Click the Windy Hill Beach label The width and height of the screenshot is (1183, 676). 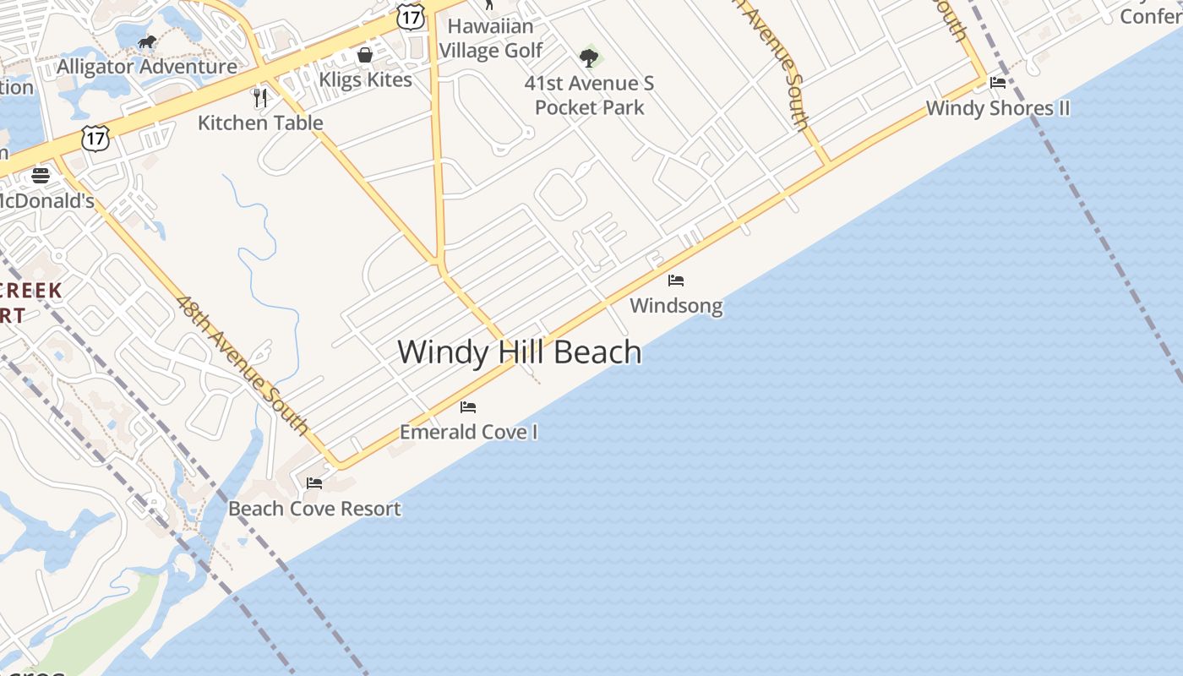[x=519, y=352]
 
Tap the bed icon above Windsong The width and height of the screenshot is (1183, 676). [x=676, y=281]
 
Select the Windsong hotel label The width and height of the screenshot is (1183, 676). [x=676, y=305]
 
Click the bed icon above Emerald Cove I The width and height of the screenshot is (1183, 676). [x=468, y=407]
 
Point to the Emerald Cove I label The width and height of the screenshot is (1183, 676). [x=468, y=432]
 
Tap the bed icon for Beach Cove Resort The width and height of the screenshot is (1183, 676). [x=314, y=483]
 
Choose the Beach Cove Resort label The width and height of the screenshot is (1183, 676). [x=314, y=509]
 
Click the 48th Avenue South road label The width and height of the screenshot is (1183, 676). [x=243, y=364]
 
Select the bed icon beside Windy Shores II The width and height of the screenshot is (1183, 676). [x=998, y=83]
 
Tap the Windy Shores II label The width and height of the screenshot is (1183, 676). [x=998, y=108]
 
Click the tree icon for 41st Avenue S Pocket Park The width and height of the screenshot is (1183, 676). [x=589, y=58]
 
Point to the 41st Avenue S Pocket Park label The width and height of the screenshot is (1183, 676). [x=589, y=95]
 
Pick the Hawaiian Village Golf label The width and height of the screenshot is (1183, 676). [x=491, y=38]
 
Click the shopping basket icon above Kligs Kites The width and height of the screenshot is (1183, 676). [x=365, y=55]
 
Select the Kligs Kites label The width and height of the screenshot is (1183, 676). [x=365, y=79]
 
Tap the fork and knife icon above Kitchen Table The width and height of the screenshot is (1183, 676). [x=260, y=97]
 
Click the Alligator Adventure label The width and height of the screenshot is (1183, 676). [x=147, y=66]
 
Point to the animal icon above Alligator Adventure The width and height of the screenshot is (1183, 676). [x=147, y=42]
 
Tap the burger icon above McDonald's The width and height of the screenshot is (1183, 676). [x=41, y=176]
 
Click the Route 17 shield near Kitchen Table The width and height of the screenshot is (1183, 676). [x=95, y=139]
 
